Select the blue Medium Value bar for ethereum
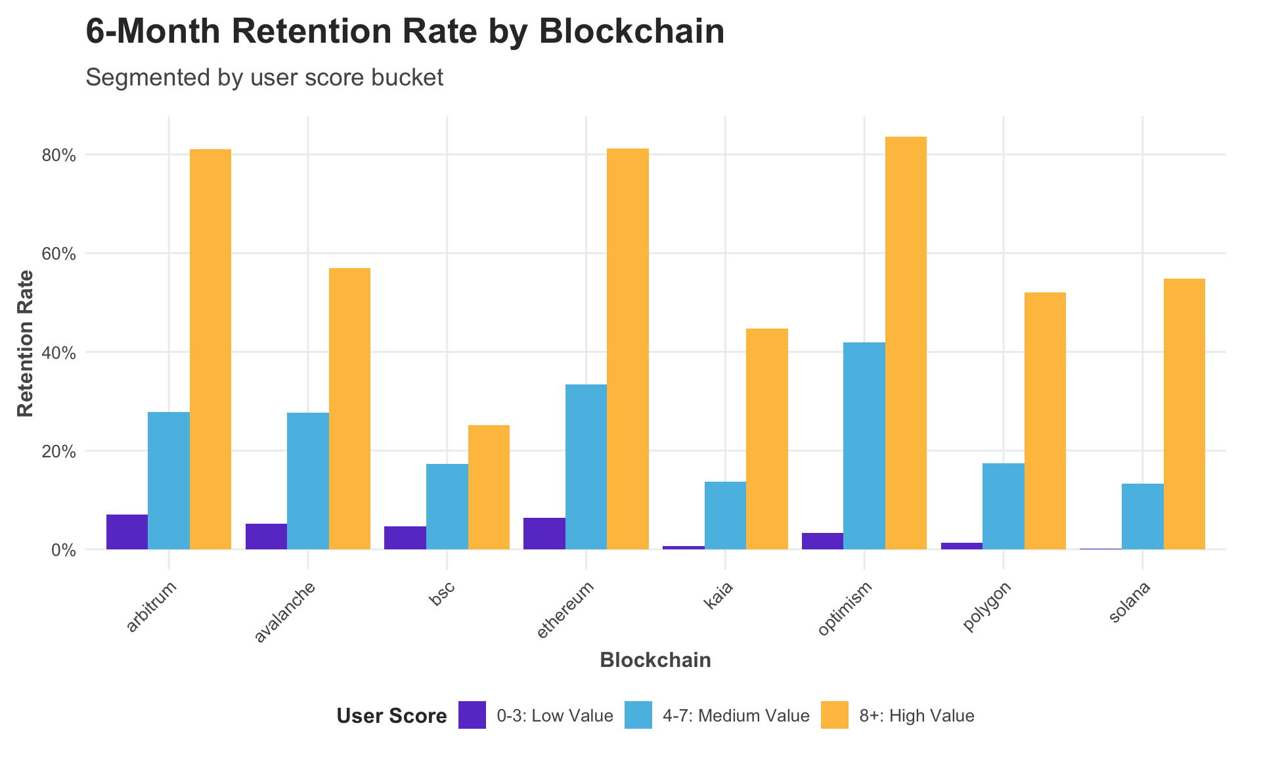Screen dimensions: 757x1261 click(x=586, y=467)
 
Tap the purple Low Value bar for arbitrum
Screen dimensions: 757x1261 click(x=127, y=532)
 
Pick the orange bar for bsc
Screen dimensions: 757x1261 click(x=489, y=487)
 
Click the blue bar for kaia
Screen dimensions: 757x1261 click(x=725, y=516)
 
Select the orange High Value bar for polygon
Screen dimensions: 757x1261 click(x=1045, y=421)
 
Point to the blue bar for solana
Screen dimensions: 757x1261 click(x=1142, y=516)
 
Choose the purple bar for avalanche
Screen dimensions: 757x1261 click(x=266, y=537)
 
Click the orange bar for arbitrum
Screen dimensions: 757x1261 click(x=210, y=349)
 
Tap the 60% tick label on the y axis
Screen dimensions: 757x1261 click(x=60, y=254)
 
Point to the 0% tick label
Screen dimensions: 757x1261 click(x=64, y=551)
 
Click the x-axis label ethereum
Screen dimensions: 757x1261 click(x=565, y=609)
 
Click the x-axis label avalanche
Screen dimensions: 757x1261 click(x=285, y=612)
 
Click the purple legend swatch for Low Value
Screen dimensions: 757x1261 click(x=472, y=715)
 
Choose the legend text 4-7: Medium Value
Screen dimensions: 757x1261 click(x=736, y=716)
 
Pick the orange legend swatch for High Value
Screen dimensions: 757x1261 click(x=834, y=715)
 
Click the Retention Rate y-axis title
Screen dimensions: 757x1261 click(x=25, y=343)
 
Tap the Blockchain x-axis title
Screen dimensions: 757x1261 click(x=655, y=660)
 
